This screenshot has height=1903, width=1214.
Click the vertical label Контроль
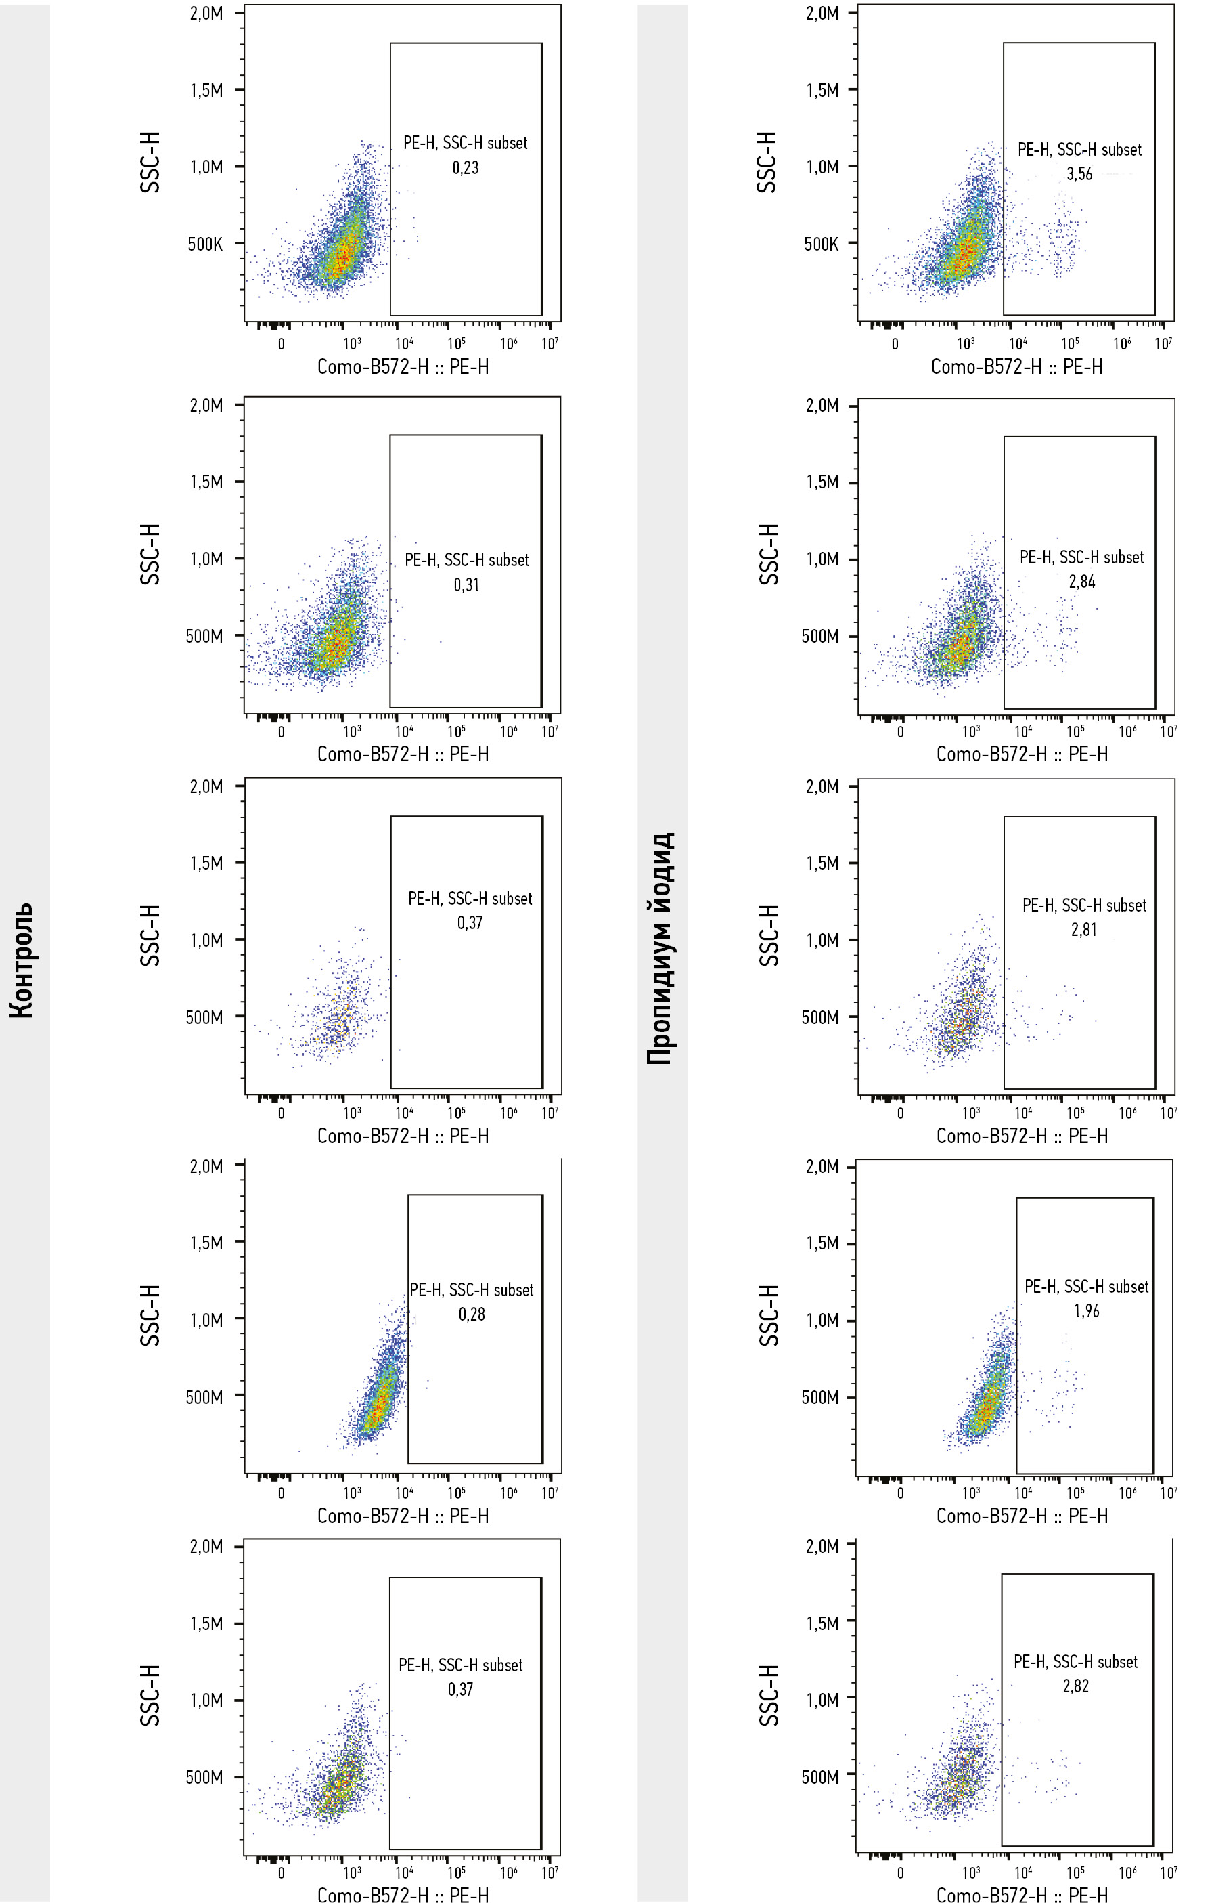[x=22, y=960]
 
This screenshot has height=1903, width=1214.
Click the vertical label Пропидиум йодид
[x=660, y=948]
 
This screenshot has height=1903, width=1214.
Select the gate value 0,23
[x=465, y=167]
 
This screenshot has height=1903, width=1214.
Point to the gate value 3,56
[x=1079, y=174]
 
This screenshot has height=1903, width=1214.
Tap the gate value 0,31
[x=466, y=585]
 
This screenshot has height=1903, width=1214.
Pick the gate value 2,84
[x=1081, y=582]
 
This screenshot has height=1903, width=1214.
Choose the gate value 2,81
[x=1083, y=929]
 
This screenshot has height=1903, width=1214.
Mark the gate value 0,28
[x=472, y=1314]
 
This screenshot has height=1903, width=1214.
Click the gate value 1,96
[x=1086, y=1310]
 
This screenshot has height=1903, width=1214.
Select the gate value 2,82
[x=1075, y=1686]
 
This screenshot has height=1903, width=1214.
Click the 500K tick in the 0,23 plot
[x=205, y=243]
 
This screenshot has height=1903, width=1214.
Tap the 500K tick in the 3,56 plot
[x=822, y=243]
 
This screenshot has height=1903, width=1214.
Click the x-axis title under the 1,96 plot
[x=1021, y=1516]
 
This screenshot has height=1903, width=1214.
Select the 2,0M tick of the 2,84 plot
[x=822, y=406]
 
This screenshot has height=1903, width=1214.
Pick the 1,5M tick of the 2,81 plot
[x=822, y=863]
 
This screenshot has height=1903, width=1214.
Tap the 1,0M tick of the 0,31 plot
[x=206, y=559]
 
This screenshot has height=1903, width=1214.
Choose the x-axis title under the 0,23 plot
[x=403, y=366]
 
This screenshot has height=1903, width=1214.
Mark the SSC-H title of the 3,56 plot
[x=766, y=162]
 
